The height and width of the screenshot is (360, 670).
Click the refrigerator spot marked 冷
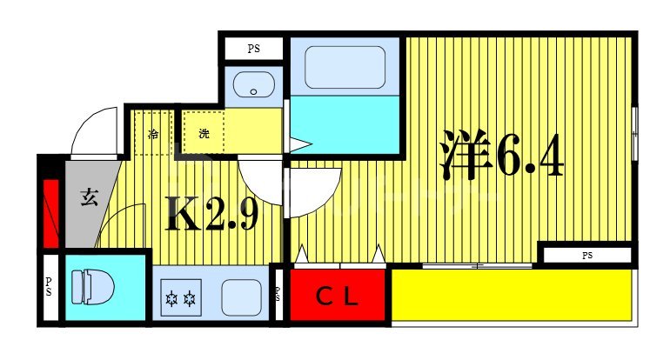(x=153, y=134)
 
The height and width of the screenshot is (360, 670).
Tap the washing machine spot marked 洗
(x=203, y=134)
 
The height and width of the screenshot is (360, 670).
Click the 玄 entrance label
(x=89, y=197)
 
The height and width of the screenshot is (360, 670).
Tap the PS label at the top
(x=253, y=49)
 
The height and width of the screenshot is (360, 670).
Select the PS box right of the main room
(x=586, y=255)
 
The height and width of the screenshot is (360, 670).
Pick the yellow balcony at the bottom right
(x=511, y=298)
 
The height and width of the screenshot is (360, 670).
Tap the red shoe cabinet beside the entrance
(x=50, y=211)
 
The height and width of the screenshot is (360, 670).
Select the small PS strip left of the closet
(x=278, y=295)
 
